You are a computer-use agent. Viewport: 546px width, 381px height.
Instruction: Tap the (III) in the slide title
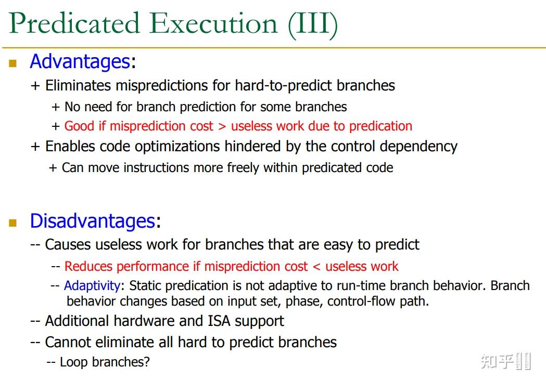313,23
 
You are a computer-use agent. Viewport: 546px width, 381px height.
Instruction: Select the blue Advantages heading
80,61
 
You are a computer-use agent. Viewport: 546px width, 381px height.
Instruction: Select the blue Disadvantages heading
92,221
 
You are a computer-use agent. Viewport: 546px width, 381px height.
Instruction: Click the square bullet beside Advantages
13,63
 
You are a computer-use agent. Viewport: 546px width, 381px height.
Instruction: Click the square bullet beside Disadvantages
13,223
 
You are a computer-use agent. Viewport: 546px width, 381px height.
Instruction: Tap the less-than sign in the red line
316,267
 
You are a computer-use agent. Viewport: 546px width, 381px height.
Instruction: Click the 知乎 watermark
497,361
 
